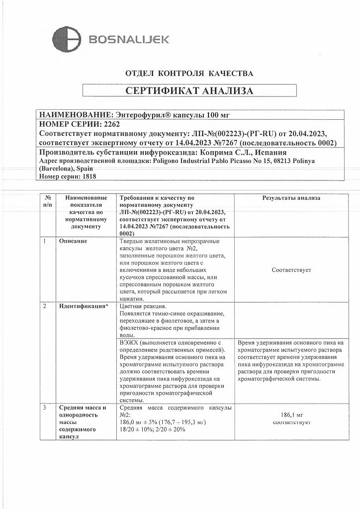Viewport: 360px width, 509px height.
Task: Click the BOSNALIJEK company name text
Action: tap(129, 39)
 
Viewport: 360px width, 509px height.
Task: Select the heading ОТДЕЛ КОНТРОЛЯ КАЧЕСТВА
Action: tap(189, 74)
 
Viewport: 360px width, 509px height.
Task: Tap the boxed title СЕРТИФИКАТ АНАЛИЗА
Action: tap(189, 90)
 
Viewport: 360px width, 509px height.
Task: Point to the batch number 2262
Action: tap(111, 124)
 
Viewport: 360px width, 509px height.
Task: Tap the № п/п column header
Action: tap(48, 201)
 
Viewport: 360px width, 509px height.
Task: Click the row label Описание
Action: tap(73, 242)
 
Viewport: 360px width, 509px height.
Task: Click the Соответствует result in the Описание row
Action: tap(291, 270)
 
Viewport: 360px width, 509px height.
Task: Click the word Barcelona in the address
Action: tap(59, 169)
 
